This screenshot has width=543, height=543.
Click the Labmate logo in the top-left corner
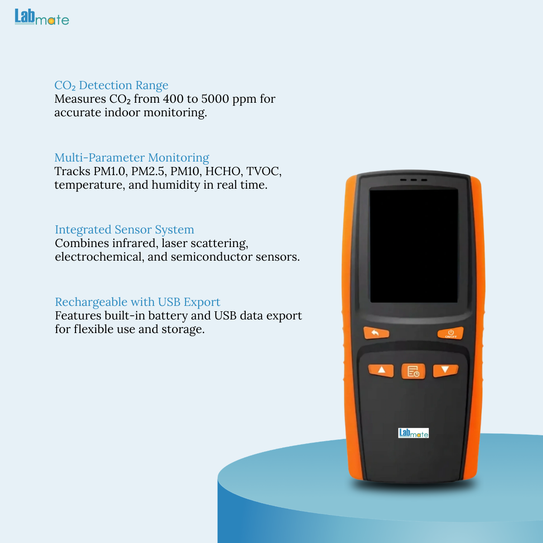pos(42,17)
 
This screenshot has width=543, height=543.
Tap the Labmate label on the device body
pos(414,433)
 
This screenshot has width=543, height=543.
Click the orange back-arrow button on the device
pos(376,333)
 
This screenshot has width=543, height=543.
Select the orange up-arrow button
pos(381,370)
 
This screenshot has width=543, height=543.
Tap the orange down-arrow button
pos(446,370)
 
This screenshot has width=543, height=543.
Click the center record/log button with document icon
pos(414,371)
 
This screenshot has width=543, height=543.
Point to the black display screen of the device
pos(414,246)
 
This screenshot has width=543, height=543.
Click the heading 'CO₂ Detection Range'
pos(111,85)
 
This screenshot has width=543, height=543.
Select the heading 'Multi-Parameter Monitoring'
pos(132,157)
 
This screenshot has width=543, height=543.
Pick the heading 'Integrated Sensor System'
pos(124,230)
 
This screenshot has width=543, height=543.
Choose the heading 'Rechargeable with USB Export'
pos(138,302)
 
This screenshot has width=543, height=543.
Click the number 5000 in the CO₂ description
pos(215,99)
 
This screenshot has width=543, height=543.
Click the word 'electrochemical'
pos(100,257)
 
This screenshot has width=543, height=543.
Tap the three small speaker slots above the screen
pos(414,180)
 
